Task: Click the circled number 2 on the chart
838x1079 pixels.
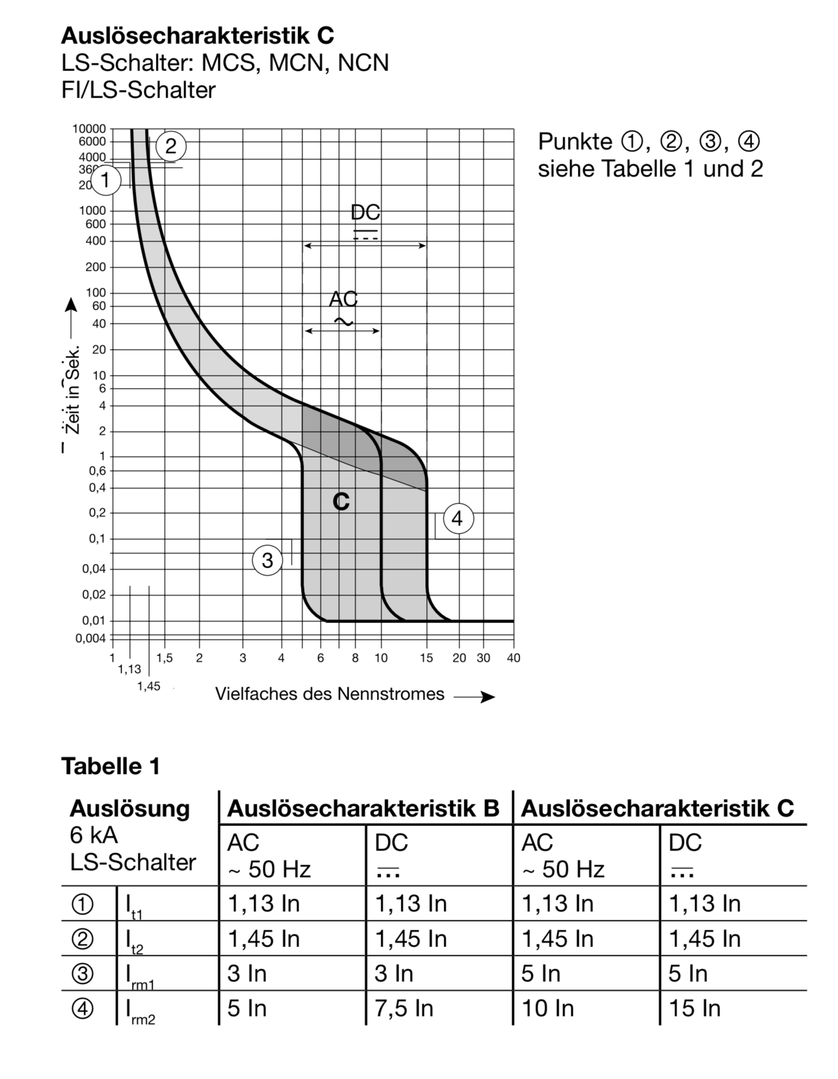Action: [x=171, y=146]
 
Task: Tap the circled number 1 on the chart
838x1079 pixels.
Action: [x=106, y=180]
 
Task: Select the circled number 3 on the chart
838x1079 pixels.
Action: [x=267, y=560]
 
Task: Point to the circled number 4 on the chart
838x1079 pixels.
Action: [x=458, y=519]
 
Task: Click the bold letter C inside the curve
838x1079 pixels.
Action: [x=341, y=502]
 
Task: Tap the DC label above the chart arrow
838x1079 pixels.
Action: [x=365, y=213]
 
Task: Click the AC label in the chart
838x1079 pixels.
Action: [x=343, y=299]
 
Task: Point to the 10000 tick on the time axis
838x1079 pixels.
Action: [x=89, y=129]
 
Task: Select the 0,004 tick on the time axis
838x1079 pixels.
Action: [x=91, y=638]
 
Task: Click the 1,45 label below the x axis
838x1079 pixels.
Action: [x=148, y=687]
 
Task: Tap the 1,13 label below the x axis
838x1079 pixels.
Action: [x=129, y=670]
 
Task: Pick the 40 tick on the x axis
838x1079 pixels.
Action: [x=513, y=658]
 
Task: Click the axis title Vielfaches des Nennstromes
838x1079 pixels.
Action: [x=330, y=694]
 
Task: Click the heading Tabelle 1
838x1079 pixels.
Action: [x=111, y=766]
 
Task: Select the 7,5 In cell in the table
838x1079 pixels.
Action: [x=404, y=1008]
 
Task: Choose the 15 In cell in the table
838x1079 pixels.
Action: [x=695, y=1008]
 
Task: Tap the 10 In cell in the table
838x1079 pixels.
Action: [x=547, y=1008]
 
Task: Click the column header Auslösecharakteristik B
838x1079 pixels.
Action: [x=363, y=808]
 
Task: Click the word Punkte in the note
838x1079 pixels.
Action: [x=575, y=142]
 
